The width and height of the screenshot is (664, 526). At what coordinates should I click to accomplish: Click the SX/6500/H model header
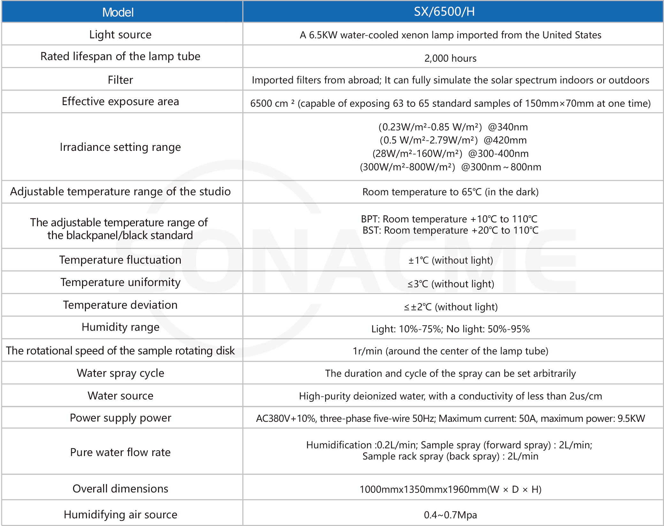(x=444, y=12)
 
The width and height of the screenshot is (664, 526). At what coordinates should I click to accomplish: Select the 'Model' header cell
(x=118, y=12)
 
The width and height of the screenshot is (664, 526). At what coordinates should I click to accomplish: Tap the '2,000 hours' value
(x=450, y=58)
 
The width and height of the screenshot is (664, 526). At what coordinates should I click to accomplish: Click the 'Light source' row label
(x=120, y=35)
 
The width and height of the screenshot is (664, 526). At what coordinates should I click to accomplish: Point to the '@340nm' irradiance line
(x=453, y=127)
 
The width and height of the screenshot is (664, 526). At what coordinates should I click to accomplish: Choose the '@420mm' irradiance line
(x=453, y=140)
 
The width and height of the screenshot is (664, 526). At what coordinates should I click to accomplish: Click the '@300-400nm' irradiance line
(x=450, y=154)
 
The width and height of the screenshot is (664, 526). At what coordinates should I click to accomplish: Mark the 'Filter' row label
(x=120, y=80)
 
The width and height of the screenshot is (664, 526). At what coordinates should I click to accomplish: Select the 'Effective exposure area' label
(x=120, y=101)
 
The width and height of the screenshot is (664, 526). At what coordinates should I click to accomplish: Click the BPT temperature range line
(x=449, y=219)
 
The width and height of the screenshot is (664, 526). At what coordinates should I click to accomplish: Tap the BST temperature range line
(x=450, y=230)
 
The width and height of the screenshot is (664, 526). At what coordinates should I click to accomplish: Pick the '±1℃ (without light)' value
(x=450, y=260)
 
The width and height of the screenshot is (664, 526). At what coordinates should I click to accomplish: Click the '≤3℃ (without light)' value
(x=450, y=284)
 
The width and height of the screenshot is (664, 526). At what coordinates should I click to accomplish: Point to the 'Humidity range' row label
(x=120, y=327)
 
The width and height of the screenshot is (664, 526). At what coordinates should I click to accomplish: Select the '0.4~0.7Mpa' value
(x=450, y=515)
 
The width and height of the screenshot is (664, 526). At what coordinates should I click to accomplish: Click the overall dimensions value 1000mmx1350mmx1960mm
(x=450, y=489)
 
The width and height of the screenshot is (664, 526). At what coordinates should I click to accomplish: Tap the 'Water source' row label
(x=120, y=396)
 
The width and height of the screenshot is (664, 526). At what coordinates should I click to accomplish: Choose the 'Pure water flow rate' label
(x=120, y=452)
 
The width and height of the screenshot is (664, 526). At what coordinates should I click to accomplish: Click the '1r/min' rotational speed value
(x=450, y=351)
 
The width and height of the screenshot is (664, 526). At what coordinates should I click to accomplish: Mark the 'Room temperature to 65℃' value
(x=450, y=192)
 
